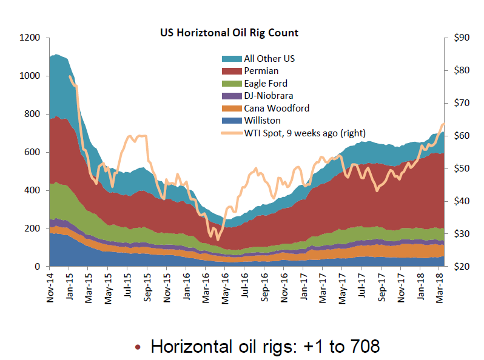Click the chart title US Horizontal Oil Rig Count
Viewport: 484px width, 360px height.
point(229,32)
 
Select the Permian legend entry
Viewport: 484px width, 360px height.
point(261,71)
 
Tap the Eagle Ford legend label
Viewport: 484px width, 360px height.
point(266,84)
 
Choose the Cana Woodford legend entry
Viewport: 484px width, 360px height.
point(277,108)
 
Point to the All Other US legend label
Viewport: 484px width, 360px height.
point(269,59)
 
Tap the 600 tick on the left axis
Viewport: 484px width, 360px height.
point(33,152)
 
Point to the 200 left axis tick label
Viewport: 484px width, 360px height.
point(33,228)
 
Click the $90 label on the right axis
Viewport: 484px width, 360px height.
point(460,38)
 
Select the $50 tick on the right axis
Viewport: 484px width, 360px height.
point(460,168)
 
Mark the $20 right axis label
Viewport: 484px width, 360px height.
point(460,267)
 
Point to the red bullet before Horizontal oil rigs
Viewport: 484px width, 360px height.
point(138,348)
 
